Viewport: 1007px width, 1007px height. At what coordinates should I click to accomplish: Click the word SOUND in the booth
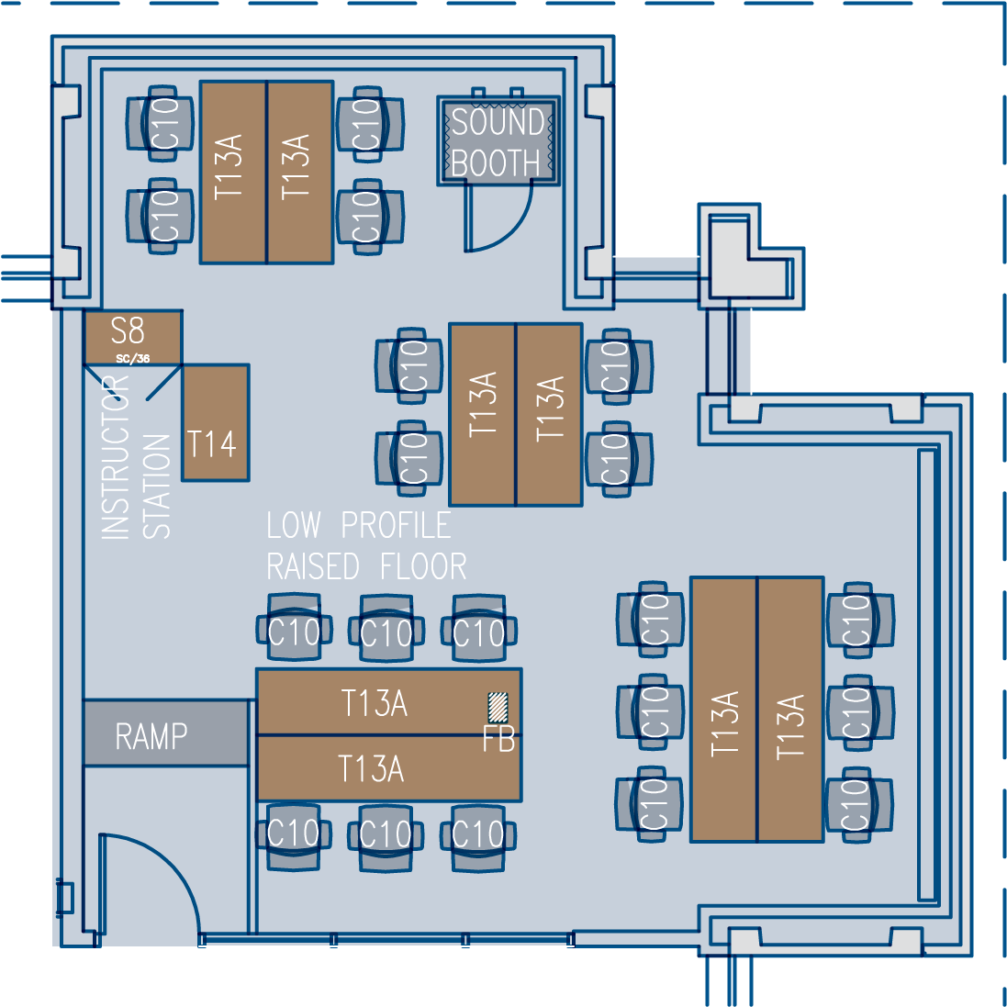click(x=498, y=121)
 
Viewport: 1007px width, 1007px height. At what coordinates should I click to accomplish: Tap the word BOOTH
click(x=496, y=162)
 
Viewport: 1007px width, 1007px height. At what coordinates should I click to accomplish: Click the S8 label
click(x=128, y=330)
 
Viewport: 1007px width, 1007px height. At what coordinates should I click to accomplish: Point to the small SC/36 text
click(x=133, y=359)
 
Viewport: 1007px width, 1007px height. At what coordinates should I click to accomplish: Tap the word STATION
click(x=157, y=487)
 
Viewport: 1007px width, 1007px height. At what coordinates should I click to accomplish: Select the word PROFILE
click(x=396, y=525)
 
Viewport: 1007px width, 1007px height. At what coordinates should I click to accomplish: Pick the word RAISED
click(x=313, y=566)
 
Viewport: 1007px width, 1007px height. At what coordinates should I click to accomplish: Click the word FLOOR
click(x=424, y=566)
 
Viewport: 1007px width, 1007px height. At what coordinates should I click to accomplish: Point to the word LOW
click(x=294, y=525)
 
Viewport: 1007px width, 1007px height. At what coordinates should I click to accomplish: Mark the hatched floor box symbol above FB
click(x=498, y=706)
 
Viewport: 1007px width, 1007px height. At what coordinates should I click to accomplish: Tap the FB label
click(x=498, y=739)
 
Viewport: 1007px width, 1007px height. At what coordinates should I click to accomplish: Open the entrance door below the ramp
click(x=147, y=881)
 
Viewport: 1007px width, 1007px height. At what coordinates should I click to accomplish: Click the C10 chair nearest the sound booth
click(x=369, y=123)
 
